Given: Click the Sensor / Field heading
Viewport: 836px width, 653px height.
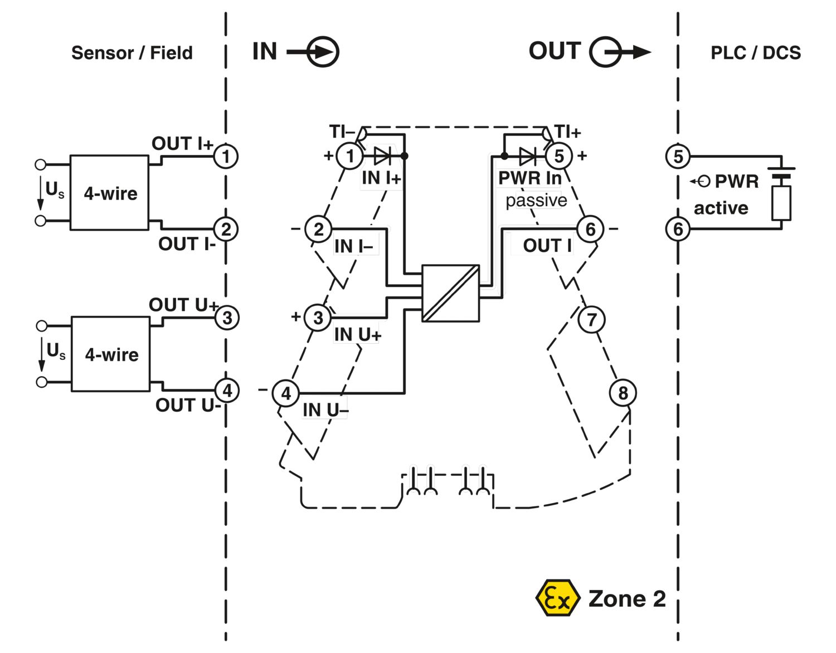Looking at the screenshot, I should point(132,53).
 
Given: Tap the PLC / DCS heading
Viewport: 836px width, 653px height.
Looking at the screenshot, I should point(755,53).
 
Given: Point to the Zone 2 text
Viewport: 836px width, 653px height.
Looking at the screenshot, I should point(627,599).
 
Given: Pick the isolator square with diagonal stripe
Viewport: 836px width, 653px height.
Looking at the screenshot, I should point(450,293).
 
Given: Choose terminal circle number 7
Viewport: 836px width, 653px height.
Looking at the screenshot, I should point(591,319).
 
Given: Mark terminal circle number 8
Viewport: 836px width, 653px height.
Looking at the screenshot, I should point(623,393).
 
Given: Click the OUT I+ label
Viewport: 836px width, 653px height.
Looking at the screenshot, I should point(182,143).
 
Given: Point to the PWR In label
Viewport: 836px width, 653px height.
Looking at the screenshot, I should point(529,178).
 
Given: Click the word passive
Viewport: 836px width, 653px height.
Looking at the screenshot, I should point(536,200).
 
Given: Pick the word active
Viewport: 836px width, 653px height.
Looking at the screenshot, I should point(721,208).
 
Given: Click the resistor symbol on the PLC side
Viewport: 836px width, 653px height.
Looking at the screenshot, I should point(781,203).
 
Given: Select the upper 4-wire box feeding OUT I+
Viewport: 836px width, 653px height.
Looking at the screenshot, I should point(110,193).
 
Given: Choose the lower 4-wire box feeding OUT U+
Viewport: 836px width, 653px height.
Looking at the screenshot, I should point(111,354).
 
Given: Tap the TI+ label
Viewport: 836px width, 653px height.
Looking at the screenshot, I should point(568,132).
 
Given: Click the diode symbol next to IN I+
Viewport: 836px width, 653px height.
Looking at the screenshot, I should point(382,156).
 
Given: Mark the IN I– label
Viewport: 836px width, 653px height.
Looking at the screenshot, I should point(353,246).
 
